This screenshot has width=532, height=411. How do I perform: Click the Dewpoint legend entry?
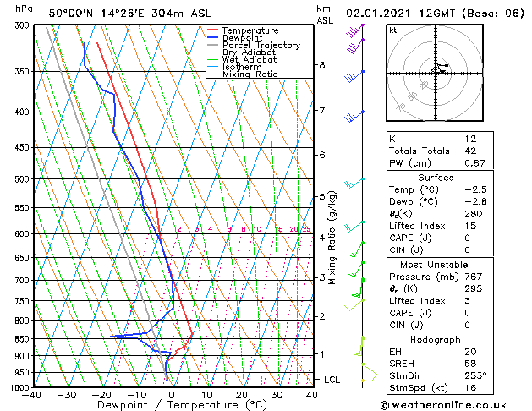[243, 38]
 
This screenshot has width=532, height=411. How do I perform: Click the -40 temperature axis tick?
[33, 395]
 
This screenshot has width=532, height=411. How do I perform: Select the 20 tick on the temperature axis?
[242, 395]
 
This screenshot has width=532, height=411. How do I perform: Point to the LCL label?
[332, 381]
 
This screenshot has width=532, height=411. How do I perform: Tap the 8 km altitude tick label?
[322, 65]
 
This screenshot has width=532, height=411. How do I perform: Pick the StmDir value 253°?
[475, 375]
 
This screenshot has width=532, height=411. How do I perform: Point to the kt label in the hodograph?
[393, 30]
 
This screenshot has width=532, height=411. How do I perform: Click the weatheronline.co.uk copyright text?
[453, 404]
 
